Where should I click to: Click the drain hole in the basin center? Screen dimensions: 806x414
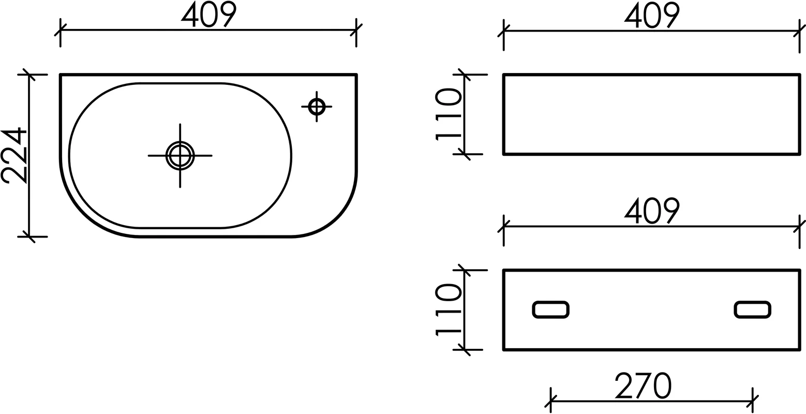[180, 156]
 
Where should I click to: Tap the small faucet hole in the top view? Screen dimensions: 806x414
[317, 107]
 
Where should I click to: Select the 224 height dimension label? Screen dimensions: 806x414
[14, 155]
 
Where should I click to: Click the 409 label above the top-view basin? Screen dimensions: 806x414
[208, 14]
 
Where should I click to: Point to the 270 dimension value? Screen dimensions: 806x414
[643, 386]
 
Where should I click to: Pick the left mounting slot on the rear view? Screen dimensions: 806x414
[550, 309]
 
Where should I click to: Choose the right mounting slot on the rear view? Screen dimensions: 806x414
[752, 309]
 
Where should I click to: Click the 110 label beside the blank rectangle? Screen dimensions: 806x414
[449, 114]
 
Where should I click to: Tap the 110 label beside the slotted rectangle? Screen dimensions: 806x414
[449, 310]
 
